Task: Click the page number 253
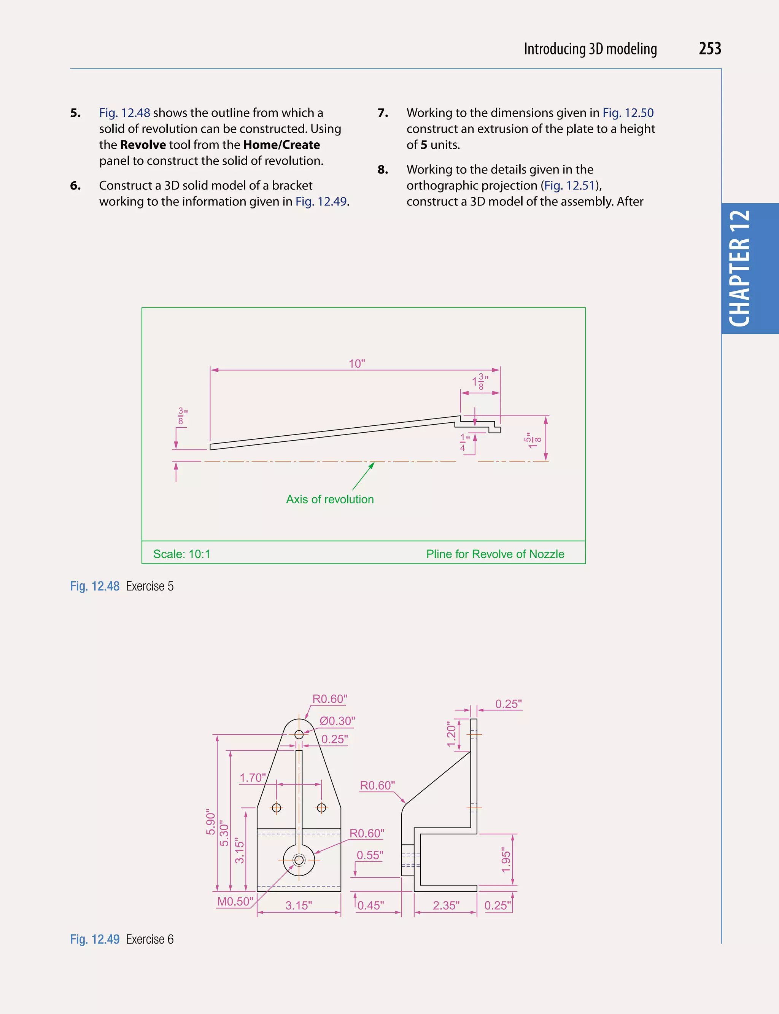tap(709, 49)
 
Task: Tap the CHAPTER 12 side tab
tap(740, 269)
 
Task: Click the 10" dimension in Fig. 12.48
tap(356, 363)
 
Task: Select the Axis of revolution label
tap(330, 499)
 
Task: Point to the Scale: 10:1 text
tap(182, 554)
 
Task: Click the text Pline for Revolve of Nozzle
tap(495, 554)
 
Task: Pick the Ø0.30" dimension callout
tap(337, 721)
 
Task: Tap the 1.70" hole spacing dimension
tap(253, 777)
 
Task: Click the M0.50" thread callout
tap(235, 901)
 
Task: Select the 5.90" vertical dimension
tap(211, 823)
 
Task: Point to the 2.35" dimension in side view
tap(446, 906)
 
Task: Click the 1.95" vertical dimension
tap(506, 861)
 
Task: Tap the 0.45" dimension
tap(370, 906)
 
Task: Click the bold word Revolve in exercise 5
tap(143, 145)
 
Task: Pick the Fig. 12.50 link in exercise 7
tap(628, 113)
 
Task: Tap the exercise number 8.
tap(383, 169)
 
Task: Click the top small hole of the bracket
tap(299, 734)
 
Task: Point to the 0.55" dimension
tap(370, 855)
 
